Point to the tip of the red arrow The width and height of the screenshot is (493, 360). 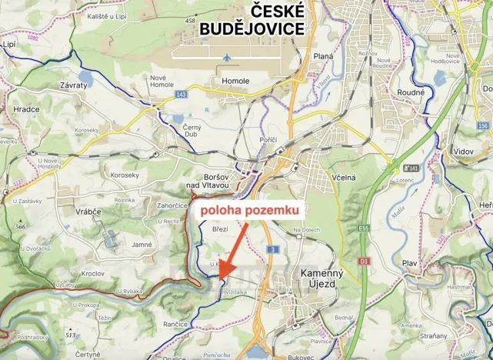pyautogui.click(x=218, y=277)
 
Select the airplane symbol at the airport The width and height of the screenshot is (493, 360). pyautogui.click(x=226, y=57)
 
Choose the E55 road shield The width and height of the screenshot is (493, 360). pyautogui.click(x=363, y=228)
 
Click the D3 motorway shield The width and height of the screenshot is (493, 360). pyautogui.click(x=363, y=262)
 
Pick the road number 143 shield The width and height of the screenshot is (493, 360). pyautogui.click(x=181, y=94)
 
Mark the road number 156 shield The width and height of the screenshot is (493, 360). pyautogui.click(x=481, y=125)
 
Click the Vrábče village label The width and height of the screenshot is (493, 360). pyautogui.click(x=89, y=212)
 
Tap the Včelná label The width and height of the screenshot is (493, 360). pyautogui.click(x=345, y=177)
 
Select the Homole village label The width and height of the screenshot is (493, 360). pyautogui.click(x=235, y=81)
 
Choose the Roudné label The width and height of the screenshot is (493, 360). pyautogui.click(x=411, y=92)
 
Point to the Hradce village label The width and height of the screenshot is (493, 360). pyautogui.click(x=26, y=109)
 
